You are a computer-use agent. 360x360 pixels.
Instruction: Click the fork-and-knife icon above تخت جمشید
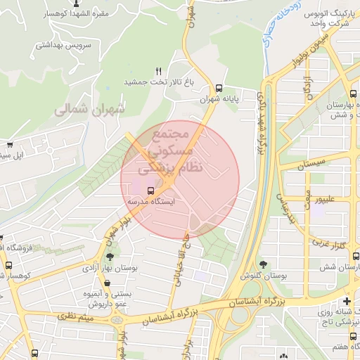point(158,72)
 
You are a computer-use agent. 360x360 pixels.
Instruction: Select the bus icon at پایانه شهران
point(220,89)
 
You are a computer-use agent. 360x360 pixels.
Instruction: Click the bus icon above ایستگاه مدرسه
point(150,190)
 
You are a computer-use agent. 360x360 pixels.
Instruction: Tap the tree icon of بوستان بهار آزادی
point(110,257)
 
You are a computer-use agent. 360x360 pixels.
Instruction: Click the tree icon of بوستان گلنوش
point(263,264)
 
